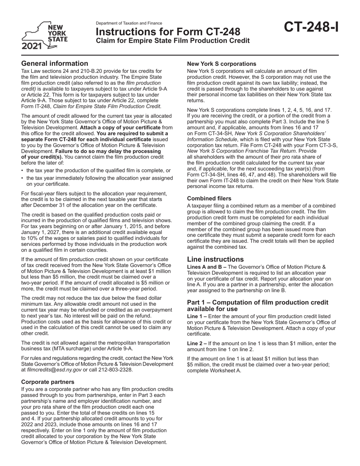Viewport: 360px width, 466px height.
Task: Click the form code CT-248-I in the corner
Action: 311,28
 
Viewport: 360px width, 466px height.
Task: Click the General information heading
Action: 55,63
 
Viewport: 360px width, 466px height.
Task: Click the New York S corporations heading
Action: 222,64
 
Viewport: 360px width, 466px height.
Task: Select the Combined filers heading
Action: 209,198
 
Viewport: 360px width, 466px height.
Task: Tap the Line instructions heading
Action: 216,260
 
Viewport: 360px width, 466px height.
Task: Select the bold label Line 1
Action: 196,316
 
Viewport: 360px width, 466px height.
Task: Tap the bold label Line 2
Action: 196,344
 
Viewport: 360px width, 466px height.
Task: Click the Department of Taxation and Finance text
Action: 129,23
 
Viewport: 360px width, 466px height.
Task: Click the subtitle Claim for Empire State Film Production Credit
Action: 173,41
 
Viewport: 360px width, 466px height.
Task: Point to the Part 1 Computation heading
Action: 258,305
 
